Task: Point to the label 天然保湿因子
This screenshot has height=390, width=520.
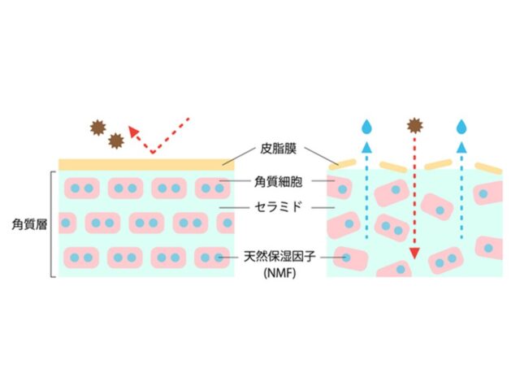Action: click(279, 258)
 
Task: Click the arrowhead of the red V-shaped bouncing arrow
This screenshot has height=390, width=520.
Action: click(134, 132)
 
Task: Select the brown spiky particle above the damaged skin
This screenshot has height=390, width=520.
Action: click(414, 124)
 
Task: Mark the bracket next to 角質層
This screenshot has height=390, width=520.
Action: click(54, 223)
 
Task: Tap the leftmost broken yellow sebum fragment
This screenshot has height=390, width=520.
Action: click(346, 162)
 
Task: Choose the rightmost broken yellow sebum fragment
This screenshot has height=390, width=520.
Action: click(489, 168)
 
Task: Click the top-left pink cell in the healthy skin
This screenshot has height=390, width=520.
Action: click(81, 188)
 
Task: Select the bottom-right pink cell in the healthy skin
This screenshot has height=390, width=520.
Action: click(213, 258)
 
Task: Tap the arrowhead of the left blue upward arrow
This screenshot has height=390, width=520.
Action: click(366, 148)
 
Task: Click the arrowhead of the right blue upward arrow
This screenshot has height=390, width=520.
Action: click(462, 148)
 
